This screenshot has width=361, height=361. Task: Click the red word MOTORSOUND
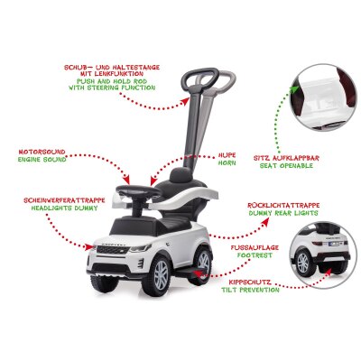point(42,152)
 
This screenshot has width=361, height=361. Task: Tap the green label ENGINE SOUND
point(42,160)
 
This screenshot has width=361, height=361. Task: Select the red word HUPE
point(227,155)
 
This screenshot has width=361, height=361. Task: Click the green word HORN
point(227,163)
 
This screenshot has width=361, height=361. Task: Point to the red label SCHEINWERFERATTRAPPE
point(64,200)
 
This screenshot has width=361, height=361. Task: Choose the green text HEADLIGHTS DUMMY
point(64,208)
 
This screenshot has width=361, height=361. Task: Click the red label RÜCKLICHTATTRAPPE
point(283,205)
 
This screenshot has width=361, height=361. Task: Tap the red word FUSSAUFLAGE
point(255,247)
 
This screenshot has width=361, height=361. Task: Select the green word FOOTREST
point(255,255)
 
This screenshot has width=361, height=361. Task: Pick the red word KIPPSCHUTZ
point(245,282)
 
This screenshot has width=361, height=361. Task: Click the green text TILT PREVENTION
point(250,290)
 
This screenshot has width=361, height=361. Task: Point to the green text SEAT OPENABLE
point(286,165)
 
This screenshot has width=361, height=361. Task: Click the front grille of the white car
point(113,249)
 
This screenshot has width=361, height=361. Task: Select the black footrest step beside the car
point(189,273)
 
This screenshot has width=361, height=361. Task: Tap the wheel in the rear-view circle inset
point(302,263)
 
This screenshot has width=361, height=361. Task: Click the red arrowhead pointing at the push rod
point(186,102)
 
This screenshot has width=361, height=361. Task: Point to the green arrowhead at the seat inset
point(295,88)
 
